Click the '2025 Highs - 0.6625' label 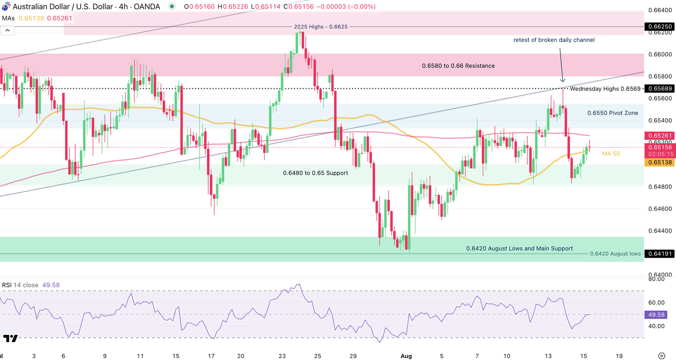[321, 27]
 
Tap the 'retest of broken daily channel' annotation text [554, 40]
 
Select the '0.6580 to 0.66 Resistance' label [458, 66]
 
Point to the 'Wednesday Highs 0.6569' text [605, 89]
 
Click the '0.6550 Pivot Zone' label [612, 113]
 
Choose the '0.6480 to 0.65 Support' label [315, 173]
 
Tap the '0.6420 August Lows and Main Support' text [520, 249]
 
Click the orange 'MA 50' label [611, 153]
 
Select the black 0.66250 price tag [660, 27]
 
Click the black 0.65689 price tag [660, 89]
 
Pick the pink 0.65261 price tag [660, 136]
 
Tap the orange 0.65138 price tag [660, 163]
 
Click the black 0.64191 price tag [660, 254]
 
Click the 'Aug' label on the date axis [406, 356]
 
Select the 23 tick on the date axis [282, 356]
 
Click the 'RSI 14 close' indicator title [20, 285]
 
